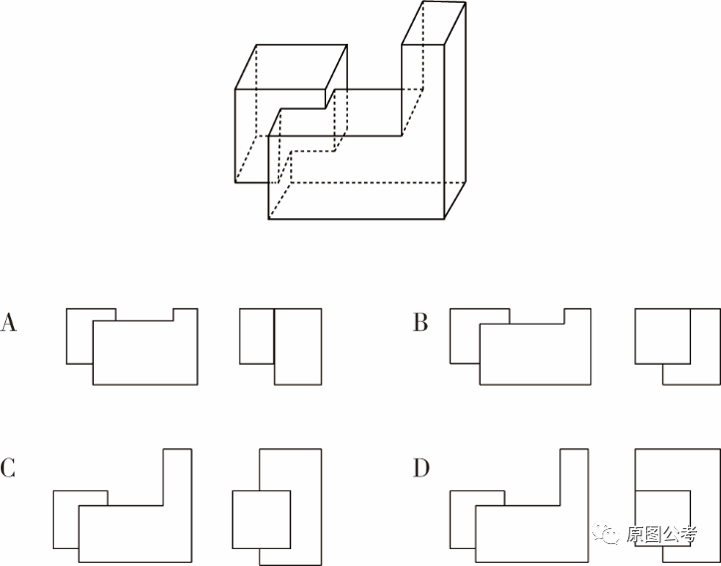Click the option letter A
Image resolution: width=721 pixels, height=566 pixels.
point(8,322)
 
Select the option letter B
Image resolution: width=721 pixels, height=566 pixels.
point(420,322)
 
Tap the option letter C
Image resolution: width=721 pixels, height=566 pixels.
point(8,468)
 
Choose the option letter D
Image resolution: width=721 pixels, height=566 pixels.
point(421,468)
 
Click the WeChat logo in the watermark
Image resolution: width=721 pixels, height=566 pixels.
point(605,533)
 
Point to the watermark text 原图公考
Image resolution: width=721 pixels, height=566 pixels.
point(662,534)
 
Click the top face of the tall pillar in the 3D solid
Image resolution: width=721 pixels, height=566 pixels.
point(434,23)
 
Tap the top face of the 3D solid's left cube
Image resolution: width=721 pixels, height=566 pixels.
point(291,67)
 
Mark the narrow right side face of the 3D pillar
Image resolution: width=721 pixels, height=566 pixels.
point(455,111)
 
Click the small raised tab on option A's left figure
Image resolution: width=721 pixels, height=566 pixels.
point(185,314)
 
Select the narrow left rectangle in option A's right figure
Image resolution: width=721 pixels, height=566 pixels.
point(257,336)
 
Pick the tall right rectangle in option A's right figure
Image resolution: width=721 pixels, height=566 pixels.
point(298,347)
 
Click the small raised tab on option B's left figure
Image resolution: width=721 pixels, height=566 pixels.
point(577,316)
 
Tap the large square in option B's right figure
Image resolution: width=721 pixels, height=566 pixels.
point(662,336)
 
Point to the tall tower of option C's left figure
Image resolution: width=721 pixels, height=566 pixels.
point(178,477)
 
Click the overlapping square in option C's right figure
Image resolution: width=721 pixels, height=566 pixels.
point(261,519)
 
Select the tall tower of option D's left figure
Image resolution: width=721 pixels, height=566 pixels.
point(574,477)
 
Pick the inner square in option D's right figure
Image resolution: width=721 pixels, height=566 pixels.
point(662,519)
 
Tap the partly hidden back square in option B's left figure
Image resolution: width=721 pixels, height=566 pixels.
point(465,336)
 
